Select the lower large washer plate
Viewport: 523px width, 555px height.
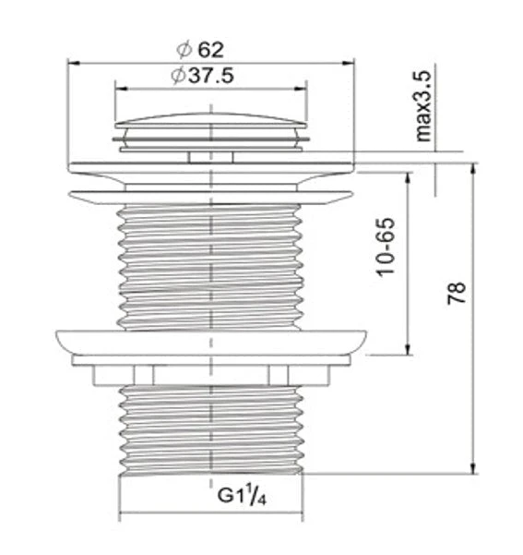(211, 341)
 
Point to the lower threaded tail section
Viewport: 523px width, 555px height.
(211, 425)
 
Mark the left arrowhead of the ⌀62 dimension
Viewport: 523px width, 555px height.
(74, 63)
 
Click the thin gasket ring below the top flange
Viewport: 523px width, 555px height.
(211, 196)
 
